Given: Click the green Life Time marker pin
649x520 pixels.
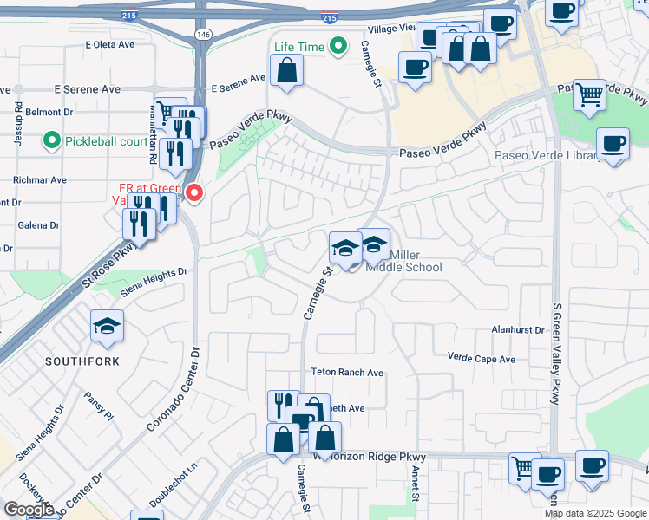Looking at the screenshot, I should click(340, 45).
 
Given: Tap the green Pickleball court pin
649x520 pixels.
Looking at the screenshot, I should click(51, 140).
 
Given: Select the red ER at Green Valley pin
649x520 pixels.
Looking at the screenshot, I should click(194, 192).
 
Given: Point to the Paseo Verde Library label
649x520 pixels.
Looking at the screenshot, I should click(547, 156).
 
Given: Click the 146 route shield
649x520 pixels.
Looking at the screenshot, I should click(203, 34).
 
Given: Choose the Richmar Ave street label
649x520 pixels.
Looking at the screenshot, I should click(40, 180).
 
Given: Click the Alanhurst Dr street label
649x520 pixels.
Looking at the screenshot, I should click(517, 330).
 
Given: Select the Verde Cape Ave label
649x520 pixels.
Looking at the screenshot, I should click(481, 358).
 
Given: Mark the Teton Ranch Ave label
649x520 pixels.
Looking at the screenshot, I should click(347, 372).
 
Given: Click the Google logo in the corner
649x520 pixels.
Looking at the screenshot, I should click(29, 510).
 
